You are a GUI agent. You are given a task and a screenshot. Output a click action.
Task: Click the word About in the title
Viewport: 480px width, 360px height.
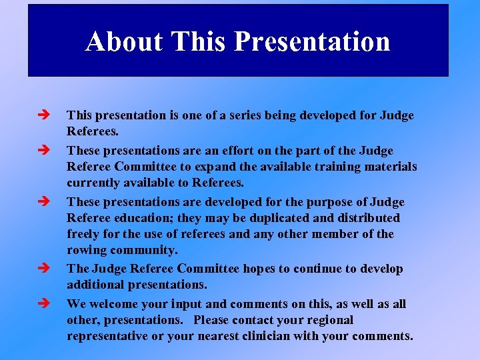[124, 41]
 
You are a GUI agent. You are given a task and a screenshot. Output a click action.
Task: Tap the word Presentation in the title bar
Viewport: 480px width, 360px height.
[312, 41]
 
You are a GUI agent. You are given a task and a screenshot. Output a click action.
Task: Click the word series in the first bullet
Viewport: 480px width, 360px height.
[240, 115]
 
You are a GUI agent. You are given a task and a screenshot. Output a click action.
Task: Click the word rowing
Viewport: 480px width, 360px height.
[86, 251]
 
